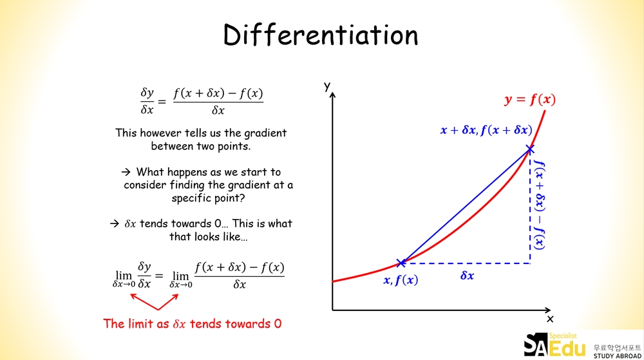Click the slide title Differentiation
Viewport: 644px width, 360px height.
tap(321, 35)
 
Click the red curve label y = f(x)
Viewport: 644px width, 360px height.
tap(530, 99)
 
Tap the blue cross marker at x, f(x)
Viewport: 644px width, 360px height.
tap(401, 263)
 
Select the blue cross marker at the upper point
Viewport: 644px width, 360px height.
tap(530, 149)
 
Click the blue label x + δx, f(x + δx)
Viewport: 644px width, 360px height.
tap(486, 130)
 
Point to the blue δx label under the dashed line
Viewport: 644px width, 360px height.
tap(467, 276)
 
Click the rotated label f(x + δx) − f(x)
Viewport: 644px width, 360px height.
tap(540, 205)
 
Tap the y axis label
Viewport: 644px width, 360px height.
tap(327, 86)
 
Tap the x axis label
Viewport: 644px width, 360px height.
tap(550, 319)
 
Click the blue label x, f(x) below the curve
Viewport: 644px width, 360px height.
tap(401, 280)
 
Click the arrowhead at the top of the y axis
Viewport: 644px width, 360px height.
tap(332, 95)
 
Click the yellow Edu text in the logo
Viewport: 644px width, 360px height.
tap(567, 348)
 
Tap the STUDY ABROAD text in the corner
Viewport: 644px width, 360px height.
tap(618, 356)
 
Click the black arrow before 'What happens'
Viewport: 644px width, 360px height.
tap(126, 171)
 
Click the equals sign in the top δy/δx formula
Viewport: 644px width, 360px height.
tap(162, 101)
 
